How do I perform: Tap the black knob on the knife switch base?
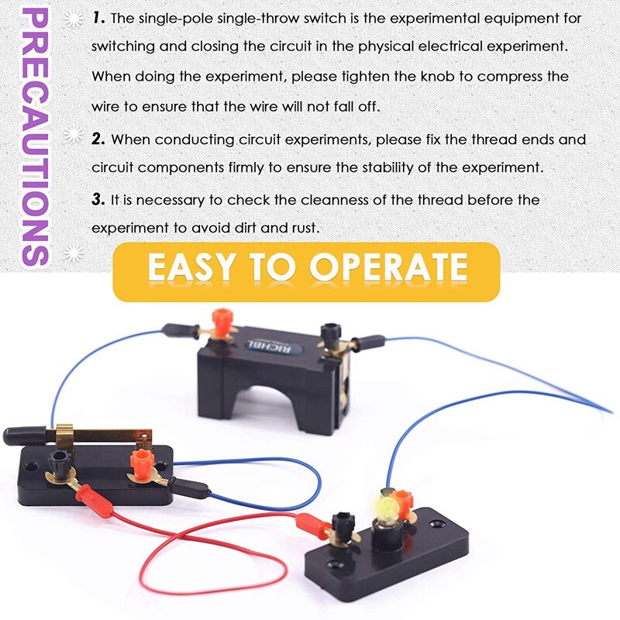click(58, 464)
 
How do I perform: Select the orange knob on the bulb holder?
click(401, 501)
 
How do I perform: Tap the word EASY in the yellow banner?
click(191, 267)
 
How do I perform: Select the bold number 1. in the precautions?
click(98, 16)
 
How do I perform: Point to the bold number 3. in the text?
click(98, 200)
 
